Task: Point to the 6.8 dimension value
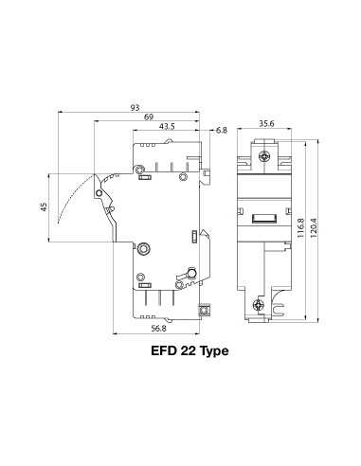point(222,130)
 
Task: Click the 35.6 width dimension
point(266,123)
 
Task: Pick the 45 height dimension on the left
point(44,207)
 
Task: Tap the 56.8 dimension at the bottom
point(159,331)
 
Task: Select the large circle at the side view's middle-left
point(144,249)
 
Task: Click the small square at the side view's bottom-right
point(202,308)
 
